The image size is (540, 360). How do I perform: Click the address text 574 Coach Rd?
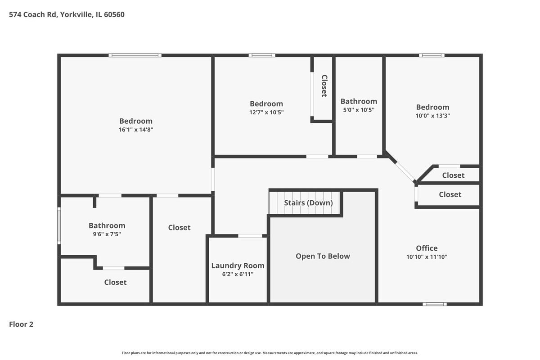33,15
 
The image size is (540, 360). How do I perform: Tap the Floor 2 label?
21,324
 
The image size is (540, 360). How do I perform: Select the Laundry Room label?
238,265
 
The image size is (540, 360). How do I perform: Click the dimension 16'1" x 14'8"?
136,130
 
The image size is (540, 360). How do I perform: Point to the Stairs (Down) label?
308,203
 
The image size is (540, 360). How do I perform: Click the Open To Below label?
323,256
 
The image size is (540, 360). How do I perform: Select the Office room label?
427,248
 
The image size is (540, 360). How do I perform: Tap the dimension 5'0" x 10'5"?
359,110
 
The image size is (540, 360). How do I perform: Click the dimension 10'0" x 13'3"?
433,116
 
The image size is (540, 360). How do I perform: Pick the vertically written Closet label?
324,86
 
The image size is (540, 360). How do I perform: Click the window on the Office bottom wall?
434,304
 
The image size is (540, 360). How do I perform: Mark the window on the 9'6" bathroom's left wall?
59,226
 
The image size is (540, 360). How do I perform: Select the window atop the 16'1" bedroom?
135,55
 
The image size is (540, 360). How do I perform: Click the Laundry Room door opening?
250,236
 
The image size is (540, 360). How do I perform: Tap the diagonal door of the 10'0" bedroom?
405,172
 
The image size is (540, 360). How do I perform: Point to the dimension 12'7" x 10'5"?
266,112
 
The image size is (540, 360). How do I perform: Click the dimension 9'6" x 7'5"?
107,234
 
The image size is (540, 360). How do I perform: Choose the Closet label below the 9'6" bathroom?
115,282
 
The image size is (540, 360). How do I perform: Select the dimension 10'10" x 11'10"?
427,257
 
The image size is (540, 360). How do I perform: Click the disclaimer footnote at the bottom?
270,353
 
